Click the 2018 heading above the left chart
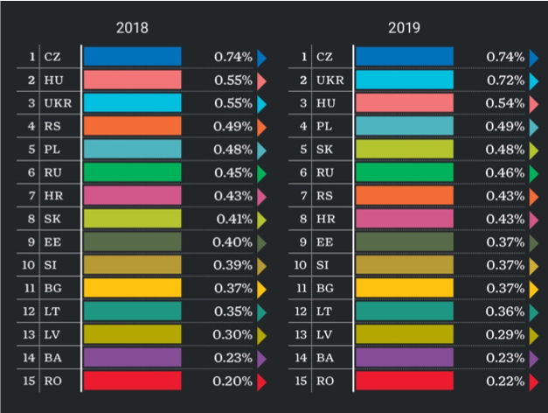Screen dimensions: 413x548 133,27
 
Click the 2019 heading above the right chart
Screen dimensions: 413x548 405,27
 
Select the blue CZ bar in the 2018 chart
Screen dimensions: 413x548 133,57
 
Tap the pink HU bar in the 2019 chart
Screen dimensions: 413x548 405,103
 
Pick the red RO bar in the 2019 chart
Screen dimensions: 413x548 405,381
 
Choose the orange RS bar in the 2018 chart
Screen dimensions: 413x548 133,126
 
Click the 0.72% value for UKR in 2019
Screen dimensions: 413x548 505,80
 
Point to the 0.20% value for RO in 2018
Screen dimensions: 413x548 233,381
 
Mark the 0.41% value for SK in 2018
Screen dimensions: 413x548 233,219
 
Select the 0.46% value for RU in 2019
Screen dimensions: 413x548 505,172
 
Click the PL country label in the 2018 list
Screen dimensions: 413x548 52,150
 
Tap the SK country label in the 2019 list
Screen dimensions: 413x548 324,150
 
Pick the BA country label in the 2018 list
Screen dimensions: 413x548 52,357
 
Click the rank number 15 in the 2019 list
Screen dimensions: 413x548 301,381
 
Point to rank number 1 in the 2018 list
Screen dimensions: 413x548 32,57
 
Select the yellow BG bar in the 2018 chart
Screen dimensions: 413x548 133,288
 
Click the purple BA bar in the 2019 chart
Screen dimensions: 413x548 405,357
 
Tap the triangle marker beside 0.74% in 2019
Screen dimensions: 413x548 533,58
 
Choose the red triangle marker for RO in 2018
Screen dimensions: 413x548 261,381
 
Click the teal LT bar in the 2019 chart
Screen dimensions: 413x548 405,311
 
